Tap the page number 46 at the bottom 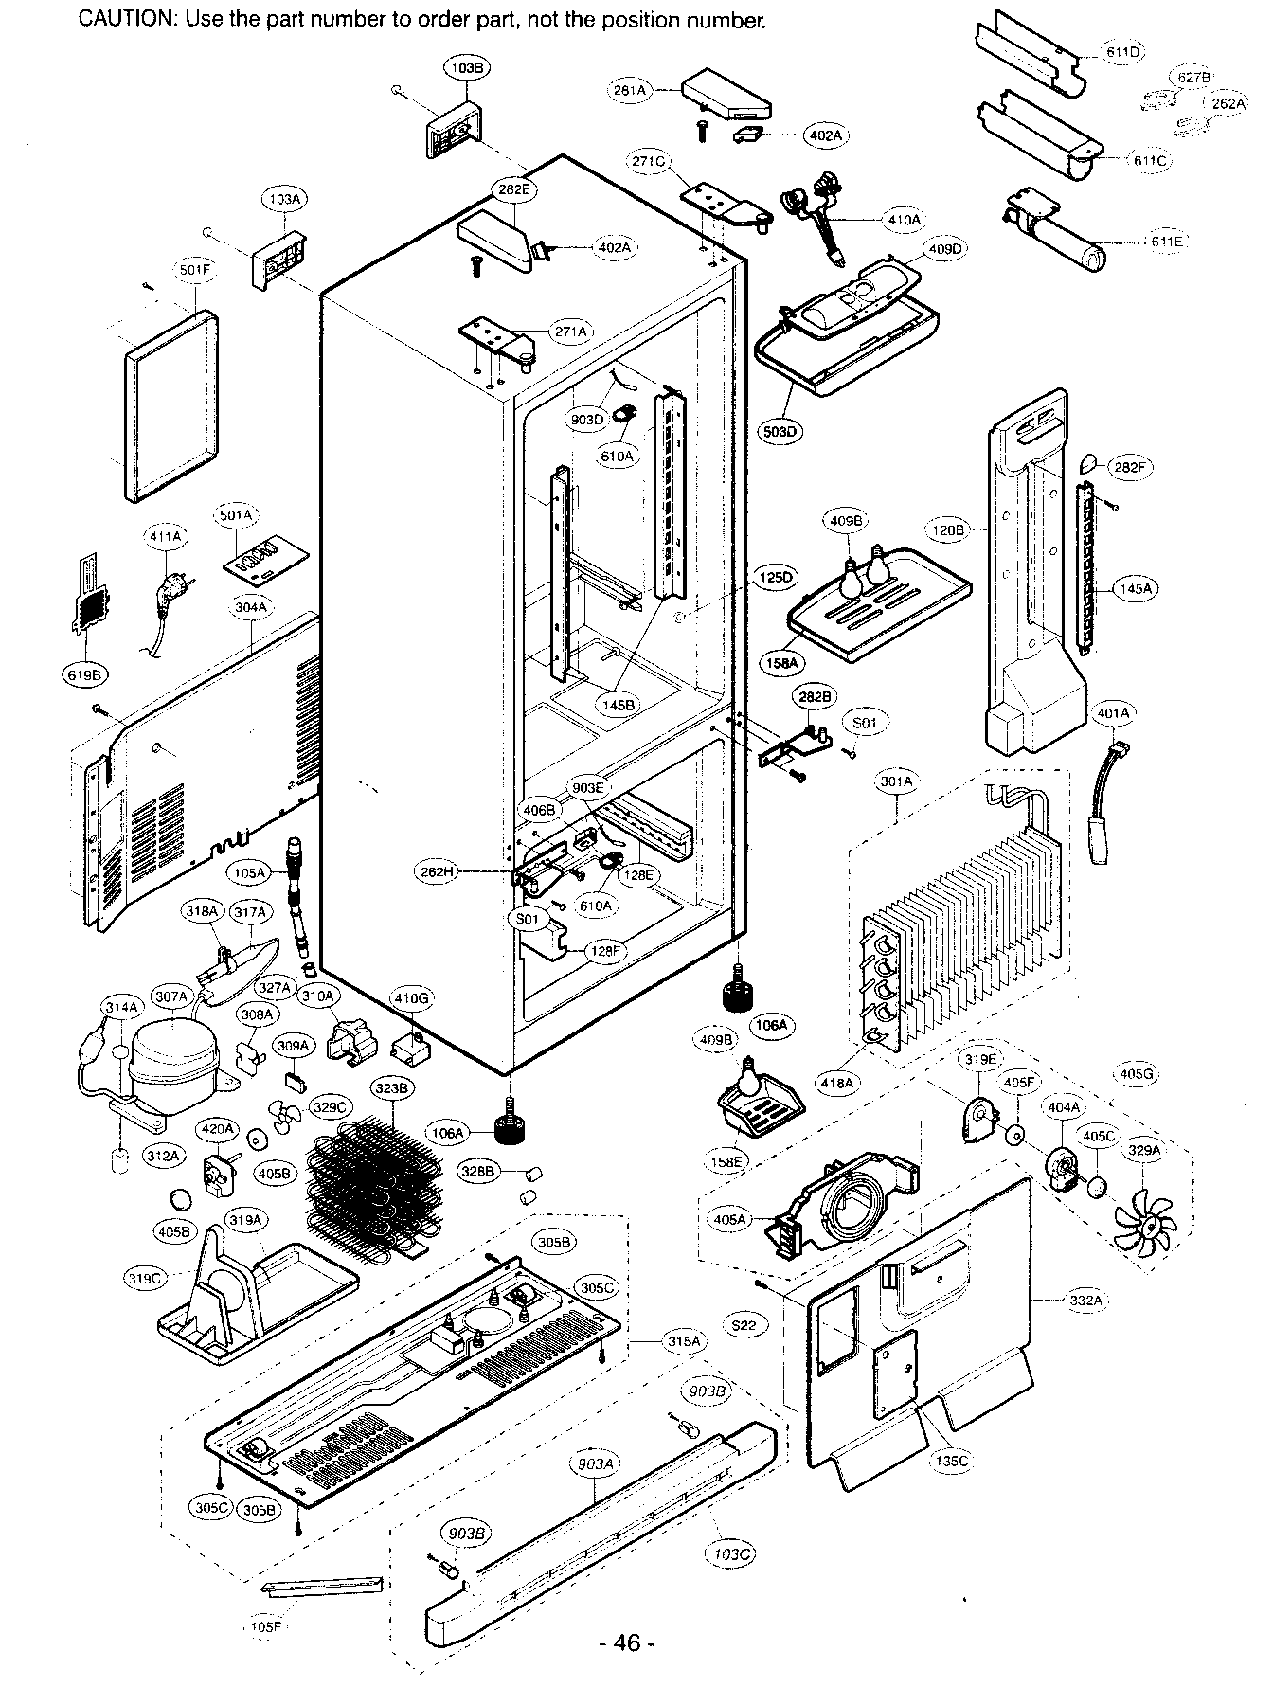pos(627,1642)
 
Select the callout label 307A pos(172,996)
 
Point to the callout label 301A pos(896,781)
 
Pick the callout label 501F pos(195,270)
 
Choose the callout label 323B pos(391,1089)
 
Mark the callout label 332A pos(1085,1301)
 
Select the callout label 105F pos(265,1627)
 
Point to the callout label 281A pos(629,91)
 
